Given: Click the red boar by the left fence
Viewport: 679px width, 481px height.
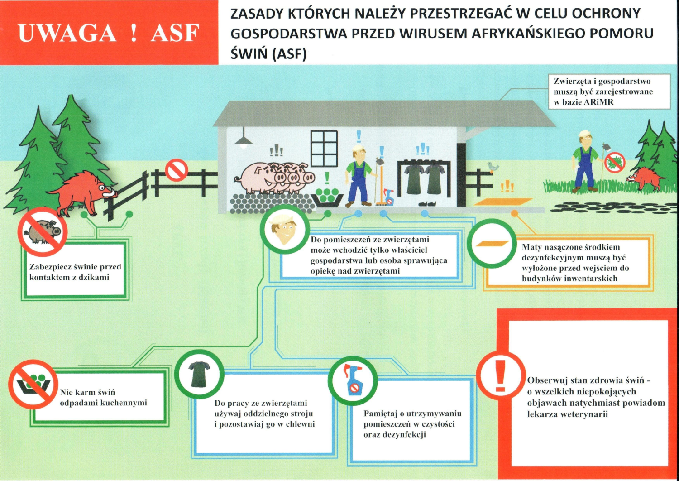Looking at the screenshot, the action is [x=84, y=192].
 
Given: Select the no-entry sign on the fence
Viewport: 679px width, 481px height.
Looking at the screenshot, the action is [x=176, y=170].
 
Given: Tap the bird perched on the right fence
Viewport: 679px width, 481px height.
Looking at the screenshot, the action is [x=492, y=167].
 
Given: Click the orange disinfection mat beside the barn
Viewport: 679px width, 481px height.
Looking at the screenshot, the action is [x=503, y=202].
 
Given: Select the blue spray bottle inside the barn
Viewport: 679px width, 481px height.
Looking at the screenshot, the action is [x=388, y=197].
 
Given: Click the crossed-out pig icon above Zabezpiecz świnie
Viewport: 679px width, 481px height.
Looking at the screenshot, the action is [x=43, y=232].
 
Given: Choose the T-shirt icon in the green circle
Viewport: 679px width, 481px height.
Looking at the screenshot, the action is [x=199, y=374].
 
